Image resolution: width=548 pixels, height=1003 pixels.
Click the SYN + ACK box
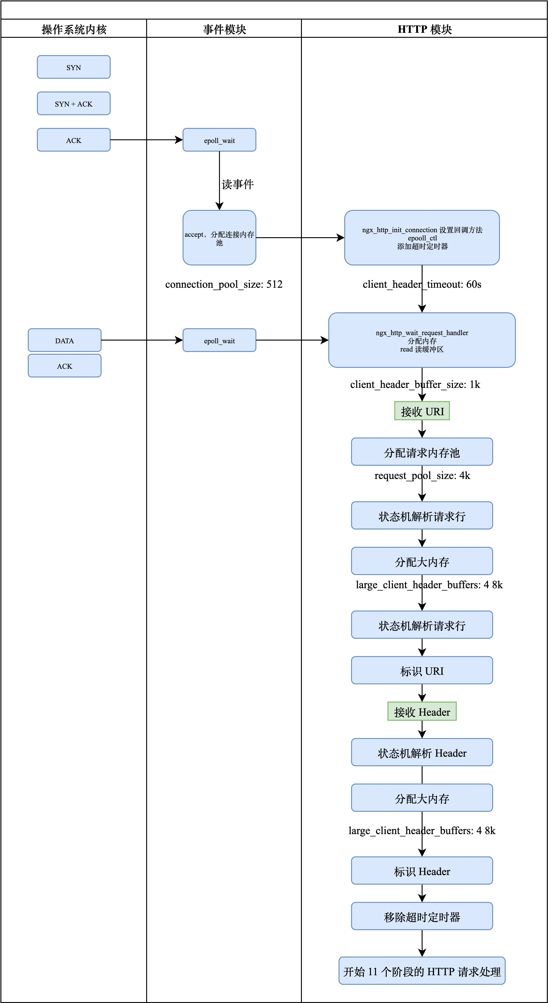74,104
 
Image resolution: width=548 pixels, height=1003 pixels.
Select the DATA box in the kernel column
65,340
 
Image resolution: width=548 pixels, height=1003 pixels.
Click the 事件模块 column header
224,29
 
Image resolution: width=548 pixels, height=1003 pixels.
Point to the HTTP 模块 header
425,29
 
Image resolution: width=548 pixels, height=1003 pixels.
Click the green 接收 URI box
422,411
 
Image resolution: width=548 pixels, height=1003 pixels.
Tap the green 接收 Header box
422,712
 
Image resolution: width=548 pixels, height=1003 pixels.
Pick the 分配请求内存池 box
422,452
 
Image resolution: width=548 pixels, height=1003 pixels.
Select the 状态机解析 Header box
422,753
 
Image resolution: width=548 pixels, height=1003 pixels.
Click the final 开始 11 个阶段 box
422,971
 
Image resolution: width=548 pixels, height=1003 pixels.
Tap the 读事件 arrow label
238,184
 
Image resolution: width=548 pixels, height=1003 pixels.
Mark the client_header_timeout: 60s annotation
422,284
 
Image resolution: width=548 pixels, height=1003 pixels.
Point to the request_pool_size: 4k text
422,475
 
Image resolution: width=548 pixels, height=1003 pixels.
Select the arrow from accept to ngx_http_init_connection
300,237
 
